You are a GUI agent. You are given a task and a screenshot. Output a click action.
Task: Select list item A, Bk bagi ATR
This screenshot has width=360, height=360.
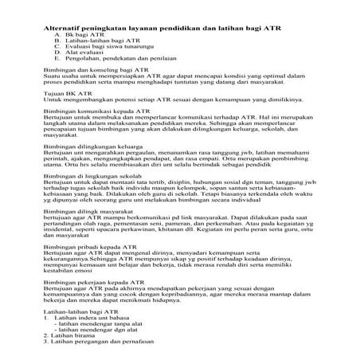click(85, 36)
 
